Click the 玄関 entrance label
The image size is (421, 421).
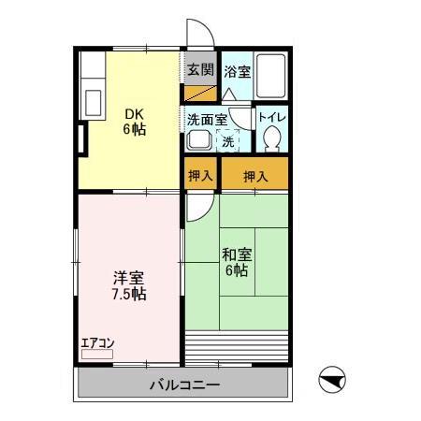tap(199, 69)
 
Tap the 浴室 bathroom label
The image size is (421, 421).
tap(236, 69)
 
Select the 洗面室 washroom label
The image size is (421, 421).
tap(207, 119)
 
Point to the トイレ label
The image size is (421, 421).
tap(273, 117)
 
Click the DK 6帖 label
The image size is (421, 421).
tap(134, 122)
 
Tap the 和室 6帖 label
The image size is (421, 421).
tap(234, 261)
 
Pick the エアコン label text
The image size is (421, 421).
tap(96, 341)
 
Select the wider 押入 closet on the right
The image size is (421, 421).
tap(255, 175)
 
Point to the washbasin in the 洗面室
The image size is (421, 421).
tap(198, 140)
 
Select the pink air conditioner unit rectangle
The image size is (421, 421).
tap(96, 355)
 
